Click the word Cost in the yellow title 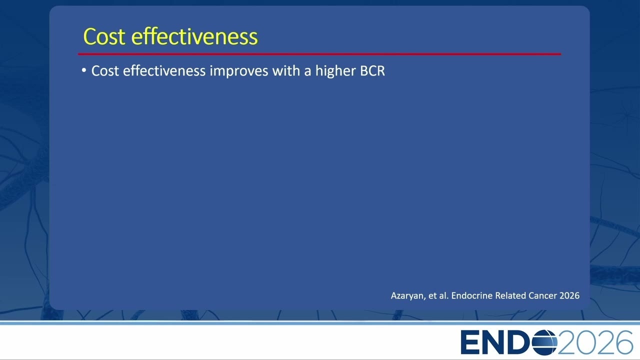tap(104, 36)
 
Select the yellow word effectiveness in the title tap(194, 36)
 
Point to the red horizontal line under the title tap(319, 53)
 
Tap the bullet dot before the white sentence tap(83, 70)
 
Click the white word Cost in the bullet tap(105, 71)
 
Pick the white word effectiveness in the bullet tap(164, 70)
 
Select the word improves tap(239, 71)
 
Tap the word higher tap(335, 71)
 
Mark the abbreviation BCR tap(372, 71)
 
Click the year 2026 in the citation tap(569, 295)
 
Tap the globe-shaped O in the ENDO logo tap(544, 342)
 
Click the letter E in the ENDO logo tap(470, 342)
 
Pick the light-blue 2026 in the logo tap(595, 342)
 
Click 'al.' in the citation tap(444, 295)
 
